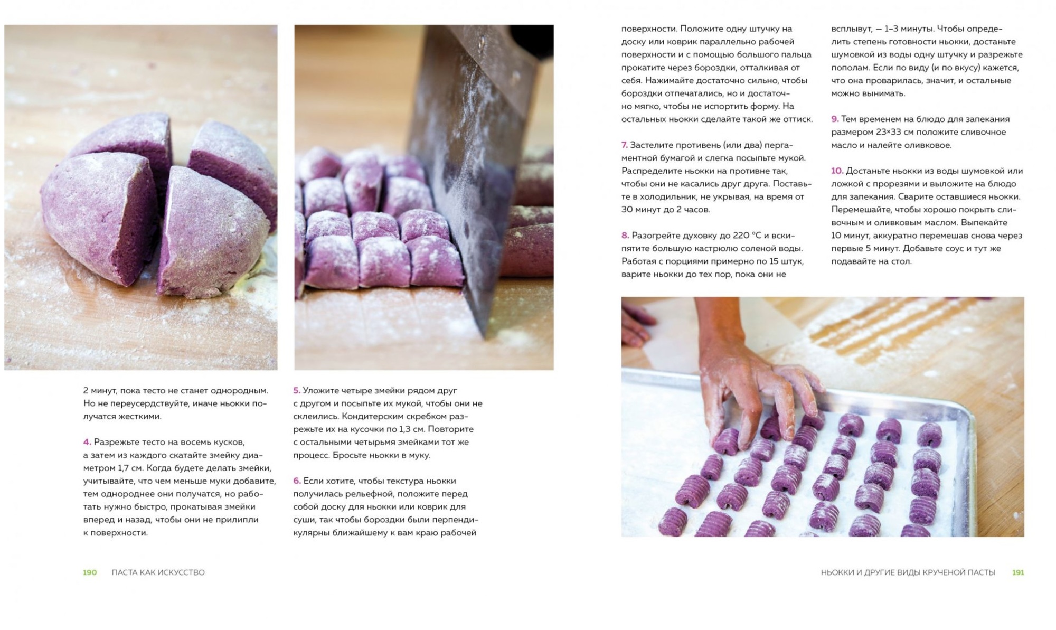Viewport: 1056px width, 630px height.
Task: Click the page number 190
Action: click(x=90, y=572)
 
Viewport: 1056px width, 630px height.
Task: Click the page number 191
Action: click(x=1018, y=572)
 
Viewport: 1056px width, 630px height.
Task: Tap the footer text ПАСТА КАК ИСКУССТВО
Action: click(x=158, y=572)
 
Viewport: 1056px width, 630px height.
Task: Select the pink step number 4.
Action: click(x=87, y=442)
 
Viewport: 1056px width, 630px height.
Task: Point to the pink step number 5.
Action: click(x=297, y=391)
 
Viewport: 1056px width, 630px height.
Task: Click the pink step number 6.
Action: click(x=297, y=481)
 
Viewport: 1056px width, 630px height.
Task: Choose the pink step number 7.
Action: click(x=625, y=145)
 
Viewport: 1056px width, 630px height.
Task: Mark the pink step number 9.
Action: click(x=835, y=119)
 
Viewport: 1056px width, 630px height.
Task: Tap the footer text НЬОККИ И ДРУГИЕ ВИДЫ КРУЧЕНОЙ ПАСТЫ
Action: click(x=908, y=572)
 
